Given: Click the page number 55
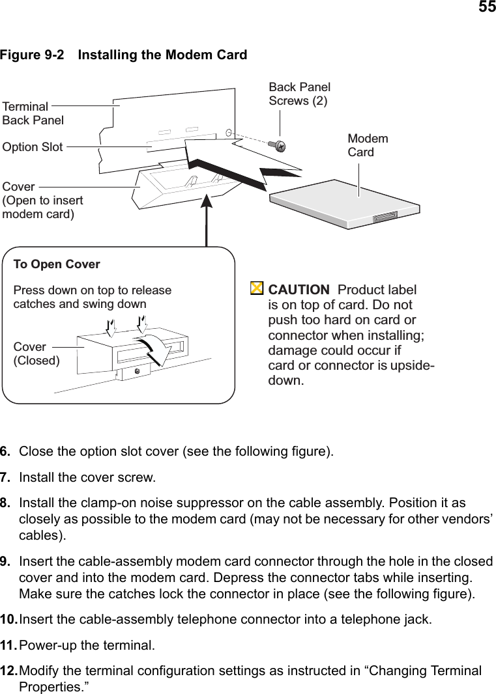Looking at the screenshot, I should (x=487, y=8).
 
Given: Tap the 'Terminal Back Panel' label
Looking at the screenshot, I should (x=33, y=113).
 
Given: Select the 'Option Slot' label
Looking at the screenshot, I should (x=33, y=147).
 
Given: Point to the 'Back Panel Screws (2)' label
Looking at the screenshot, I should (x=299, y=94).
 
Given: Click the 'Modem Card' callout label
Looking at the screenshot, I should (x=368, y=145).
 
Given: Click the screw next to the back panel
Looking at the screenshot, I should (x=277, y=145).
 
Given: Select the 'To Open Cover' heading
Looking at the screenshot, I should (x=57, y=264).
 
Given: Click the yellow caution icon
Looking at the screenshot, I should (x=257, y=288).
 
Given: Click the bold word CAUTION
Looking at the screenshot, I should (x=299, y=290).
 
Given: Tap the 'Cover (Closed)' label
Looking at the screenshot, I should (x=36, y=354).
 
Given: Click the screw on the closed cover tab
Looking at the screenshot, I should (x=137, y=371).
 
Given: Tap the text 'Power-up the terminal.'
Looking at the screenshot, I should (x=87, y=646).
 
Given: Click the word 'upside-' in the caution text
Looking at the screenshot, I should (x=413, y=365).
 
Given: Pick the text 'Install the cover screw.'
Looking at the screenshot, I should (x=87, y=478).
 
